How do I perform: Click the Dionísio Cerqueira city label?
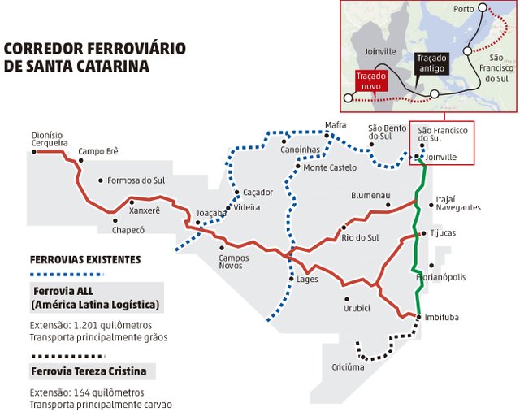(49, 139)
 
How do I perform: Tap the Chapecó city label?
(128, 230)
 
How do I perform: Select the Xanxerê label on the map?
(145, 210)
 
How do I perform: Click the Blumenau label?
(370, 196)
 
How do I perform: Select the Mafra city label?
(336, 125)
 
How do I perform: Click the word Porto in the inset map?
(464, 9)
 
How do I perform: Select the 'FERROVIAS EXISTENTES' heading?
(85, 260)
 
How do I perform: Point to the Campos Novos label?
(234, 262)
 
